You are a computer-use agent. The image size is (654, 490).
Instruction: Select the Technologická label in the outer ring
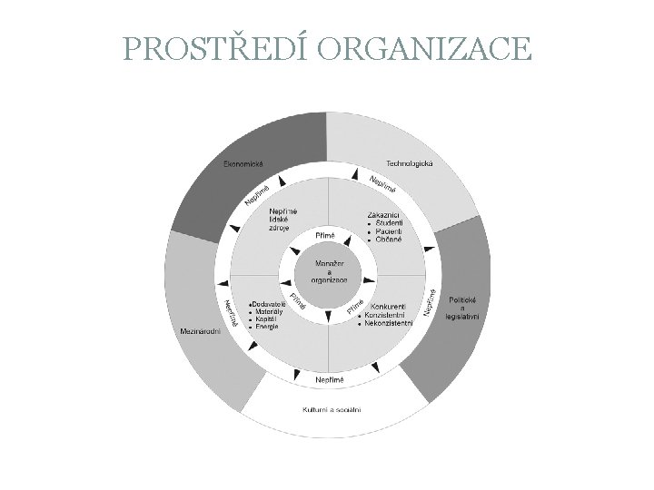(x=411, y=162)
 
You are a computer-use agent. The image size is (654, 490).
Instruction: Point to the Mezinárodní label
(x=201, y=330)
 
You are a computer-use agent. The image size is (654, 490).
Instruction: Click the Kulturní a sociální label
(x=332, y=410)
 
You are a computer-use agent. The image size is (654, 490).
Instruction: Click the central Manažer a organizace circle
(x=329, y=269)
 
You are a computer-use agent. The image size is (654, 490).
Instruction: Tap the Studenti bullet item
(x=389, y=223)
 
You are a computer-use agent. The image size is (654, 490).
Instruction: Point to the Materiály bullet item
(x=268, y=311)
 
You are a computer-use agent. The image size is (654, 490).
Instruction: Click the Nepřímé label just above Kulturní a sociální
(x=330, y=377)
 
